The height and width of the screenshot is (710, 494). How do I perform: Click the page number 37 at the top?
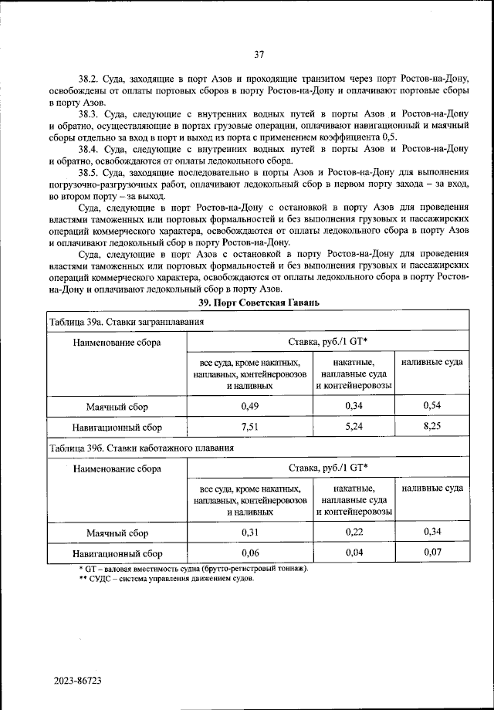point(259,54)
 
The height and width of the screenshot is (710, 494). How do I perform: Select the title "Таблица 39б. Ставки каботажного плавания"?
point(141,447)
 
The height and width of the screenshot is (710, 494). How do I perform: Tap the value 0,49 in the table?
point(249,405)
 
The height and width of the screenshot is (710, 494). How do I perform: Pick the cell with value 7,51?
point(249,426)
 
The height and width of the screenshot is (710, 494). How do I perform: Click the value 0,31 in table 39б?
point(249,532)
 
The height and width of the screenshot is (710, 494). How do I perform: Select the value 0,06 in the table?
point(249,553)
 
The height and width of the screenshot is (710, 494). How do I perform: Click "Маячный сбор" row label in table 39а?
point(117,406)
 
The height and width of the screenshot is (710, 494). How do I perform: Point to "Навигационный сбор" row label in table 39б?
point(117,553)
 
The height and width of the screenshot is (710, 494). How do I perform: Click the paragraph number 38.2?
point(90,79)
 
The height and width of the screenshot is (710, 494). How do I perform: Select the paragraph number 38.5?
point(90,172)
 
